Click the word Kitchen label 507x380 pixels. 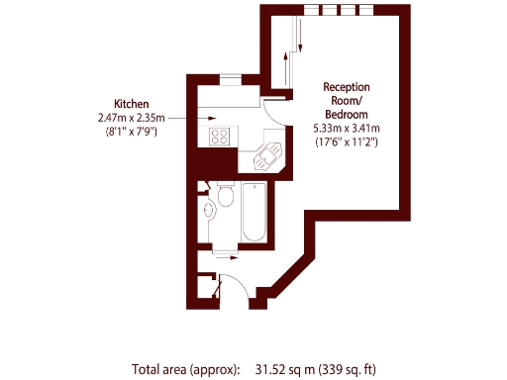tap(132, 103)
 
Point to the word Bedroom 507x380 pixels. tap(347, 113)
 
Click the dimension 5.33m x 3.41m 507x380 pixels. tap(347, 128)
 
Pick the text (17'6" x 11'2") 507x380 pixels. tap(347, 142)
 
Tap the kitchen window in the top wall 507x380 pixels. tap(231, 80)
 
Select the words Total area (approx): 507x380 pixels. tap(185, 369)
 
